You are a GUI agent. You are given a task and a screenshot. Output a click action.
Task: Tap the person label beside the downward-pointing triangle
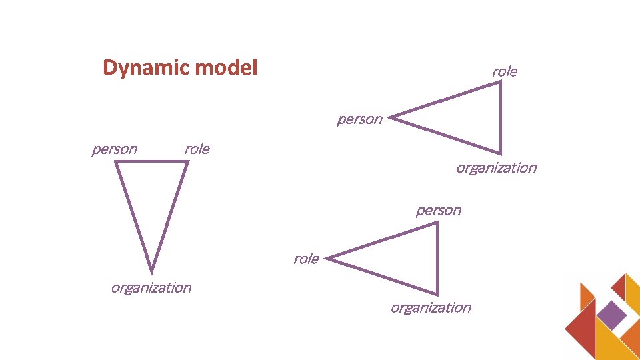point(115,149)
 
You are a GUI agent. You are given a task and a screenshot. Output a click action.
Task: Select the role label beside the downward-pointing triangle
point(197,149)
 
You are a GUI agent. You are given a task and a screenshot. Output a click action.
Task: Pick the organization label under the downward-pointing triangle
point(151,287)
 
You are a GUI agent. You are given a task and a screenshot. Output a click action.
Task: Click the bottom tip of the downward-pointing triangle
point(151,271)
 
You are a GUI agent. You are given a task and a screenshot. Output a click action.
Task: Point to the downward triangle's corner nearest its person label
point(117,161)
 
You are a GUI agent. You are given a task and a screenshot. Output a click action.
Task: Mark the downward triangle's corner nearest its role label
point(187,161)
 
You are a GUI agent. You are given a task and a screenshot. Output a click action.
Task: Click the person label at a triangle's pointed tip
point(360,119)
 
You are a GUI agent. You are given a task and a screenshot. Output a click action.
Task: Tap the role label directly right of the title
point(505,71)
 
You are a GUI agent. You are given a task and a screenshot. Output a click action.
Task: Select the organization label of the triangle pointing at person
point(496,167)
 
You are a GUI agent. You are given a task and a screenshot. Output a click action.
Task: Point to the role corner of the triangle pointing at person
point(500,83)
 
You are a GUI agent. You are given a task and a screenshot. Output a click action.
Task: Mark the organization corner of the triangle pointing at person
point(500,153)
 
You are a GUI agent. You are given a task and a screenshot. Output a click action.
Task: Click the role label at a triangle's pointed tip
point(306,259)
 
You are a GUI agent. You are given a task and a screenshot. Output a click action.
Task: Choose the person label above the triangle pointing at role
point(439,211)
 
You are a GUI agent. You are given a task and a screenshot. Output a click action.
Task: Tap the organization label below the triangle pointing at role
point(431,307)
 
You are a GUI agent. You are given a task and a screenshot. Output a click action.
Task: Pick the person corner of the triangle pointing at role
point(437,223)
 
